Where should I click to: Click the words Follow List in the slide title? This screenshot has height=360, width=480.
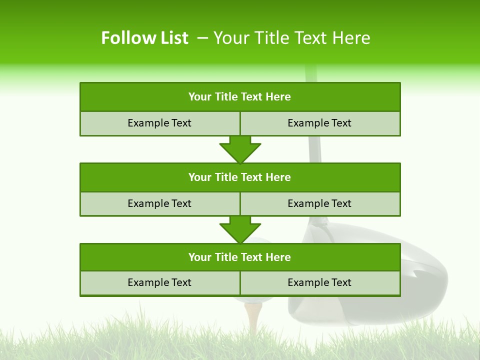tap(144, 38)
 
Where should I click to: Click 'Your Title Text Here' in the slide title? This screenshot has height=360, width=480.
tap(291, 38)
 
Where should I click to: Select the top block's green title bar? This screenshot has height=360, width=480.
tap(240, 97)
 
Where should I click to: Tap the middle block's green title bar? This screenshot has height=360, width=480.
tap(240, 177)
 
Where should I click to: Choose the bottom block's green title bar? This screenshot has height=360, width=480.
tap(240, 257)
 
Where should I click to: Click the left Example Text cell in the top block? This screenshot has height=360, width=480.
tap(159, 123)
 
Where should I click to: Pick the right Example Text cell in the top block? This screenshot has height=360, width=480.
tap(319, 123)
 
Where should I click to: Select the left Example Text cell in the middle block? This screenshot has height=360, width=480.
tap(159, 203)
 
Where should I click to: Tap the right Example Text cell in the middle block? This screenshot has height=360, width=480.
tap(319, 203)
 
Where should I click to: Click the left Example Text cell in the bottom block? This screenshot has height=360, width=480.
tap(159, 282)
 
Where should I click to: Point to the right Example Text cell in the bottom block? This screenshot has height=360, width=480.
tap(319, 282)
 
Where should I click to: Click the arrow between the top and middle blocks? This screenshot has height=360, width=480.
tap(240, 149)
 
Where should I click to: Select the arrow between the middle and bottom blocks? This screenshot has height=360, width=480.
tap(240, 230)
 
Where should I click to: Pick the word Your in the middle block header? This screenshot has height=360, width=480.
tap(200, 177)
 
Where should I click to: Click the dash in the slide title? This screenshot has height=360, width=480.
tap(202, 38)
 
